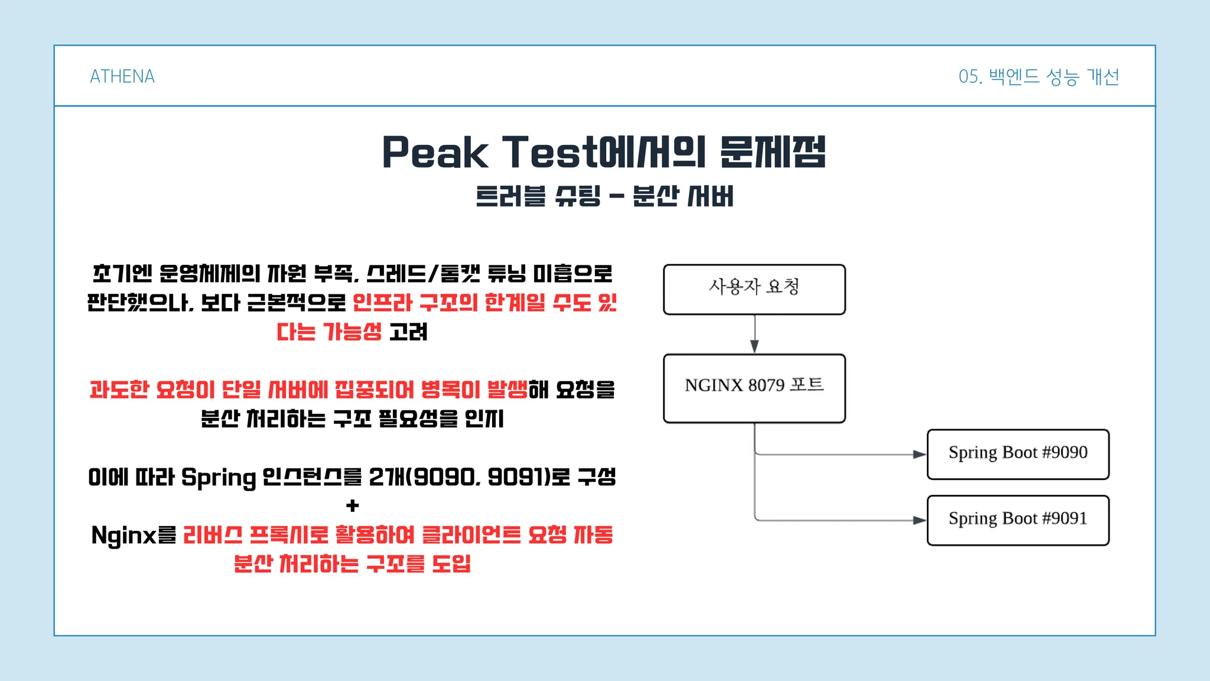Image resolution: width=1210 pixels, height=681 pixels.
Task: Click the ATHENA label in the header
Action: (x=122, y=76)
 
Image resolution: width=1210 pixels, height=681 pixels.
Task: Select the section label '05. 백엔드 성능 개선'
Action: (x=1039, y=76)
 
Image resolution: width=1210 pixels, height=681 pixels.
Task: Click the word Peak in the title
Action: (x=435, y=152)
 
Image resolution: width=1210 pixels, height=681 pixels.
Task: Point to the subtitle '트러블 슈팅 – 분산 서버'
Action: (x=604, y=196)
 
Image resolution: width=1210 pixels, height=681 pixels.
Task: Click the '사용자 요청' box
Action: (x=754, y=290)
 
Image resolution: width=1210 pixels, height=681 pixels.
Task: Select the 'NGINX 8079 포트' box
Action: (x=754, y=388)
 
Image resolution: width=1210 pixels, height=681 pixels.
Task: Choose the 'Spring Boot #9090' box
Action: (x=1018, y=454)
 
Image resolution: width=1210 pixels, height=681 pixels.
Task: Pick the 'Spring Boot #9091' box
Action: (x=1018, y=520)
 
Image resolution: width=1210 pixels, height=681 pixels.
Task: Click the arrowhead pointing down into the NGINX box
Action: (x=754, y=346)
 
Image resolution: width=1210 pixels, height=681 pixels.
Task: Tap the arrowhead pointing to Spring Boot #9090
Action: (x=919, y=455)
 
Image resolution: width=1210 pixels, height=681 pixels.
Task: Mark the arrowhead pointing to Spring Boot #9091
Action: (x=919, y=520)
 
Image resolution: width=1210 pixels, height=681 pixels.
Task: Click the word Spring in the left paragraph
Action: (x=219, y=478)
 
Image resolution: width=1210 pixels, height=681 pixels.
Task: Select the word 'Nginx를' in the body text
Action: (x=134, y=535)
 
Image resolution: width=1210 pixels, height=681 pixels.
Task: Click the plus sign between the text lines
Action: (x=353, y=506)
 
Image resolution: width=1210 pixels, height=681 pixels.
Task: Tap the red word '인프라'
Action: (x=382, y=303)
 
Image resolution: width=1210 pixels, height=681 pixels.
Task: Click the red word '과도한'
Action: (x=119, y=390)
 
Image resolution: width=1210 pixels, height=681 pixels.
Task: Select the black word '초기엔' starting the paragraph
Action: (x=122, y=274)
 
